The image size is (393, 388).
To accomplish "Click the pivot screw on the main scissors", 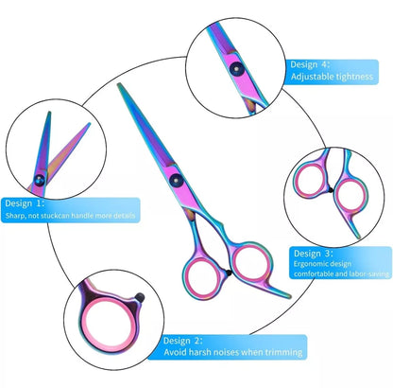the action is pyautogui.click(x=176, y=180).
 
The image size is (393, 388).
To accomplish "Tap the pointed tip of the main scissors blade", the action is pyautogui.click(x=119, y=84).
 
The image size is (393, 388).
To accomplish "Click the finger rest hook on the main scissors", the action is pyautogui.click(x=276, y=290).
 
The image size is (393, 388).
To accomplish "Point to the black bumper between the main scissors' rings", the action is pyautogui.click(x=229, y=273).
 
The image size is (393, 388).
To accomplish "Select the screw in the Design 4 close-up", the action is pyautogui.click(x=236, y=68).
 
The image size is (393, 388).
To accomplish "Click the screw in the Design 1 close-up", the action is pyautogui.click(x=40, y=180).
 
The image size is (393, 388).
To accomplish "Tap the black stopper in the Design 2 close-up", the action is pyautogui.click(x=140, y=297).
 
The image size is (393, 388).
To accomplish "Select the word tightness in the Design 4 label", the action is pyautogui.click(x=354, y=77).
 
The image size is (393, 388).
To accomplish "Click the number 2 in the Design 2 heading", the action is pyautogui.click(x=196, y=341).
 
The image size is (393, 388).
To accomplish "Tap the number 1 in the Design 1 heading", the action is pyautogui.click(x=39, y=203).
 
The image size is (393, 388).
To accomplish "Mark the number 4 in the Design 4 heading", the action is pyautogui.click(x=324, y=64).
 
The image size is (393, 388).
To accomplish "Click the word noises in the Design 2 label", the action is pyautogui.click(x=227, y=352).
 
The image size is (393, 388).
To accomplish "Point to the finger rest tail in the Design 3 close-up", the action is pyautogui.click(x=353, y=225).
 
